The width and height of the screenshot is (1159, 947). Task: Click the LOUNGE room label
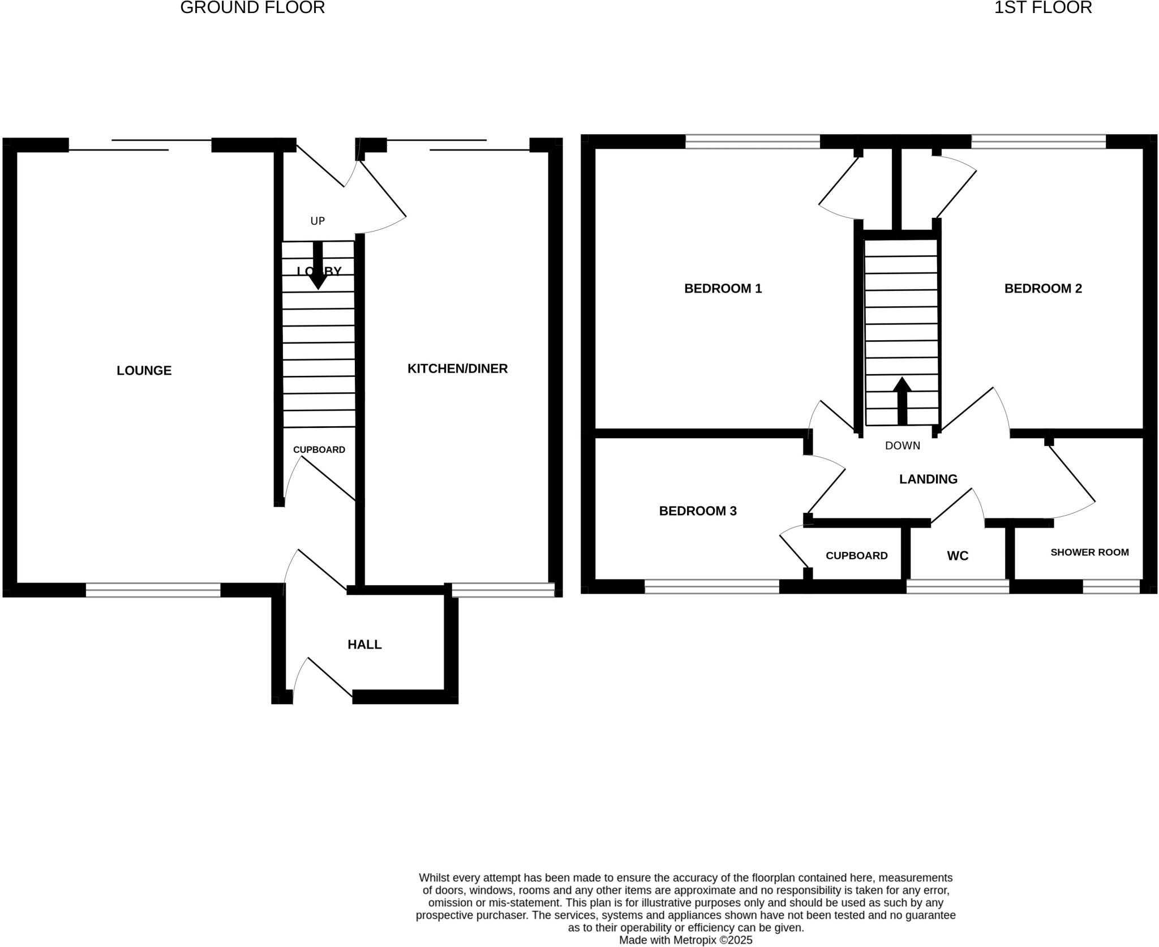point(144,370)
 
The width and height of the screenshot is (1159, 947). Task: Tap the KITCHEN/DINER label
point(457,368)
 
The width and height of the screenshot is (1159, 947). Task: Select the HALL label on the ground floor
point(364,644)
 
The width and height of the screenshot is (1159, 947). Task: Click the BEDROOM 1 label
point(723,288)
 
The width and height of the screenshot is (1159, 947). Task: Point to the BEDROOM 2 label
point(1042,288)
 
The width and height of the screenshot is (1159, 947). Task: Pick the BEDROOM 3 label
point(697,511)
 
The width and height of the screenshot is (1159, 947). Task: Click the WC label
point(958,556)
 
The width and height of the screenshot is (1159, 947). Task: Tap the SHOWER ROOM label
point(1089,552)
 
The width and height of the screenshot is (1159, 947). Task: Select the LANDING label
point(928,479)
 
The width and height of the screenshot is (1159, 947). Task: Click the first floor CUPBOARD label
point(856,555)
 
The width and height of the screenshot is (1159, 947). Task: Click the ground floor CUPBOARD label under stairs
point(319,449)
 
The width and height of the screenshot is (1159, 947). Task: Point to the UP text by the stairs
point(317,221)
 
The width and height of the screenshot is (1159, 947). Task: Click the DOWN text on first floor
point(902,445)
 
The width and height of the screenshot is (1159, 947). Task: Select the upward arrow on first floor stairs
point(902,400)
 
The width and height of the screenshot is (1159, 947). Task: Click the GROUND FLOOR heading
point(252,8)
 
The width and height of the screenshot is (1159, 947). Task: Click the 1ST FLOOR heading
point(1042,8)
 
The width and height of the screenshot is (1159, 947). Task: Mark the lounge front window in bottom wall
point(153,590)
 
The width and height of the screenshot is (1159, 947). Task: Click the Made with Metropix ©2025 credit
point(685,940)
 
